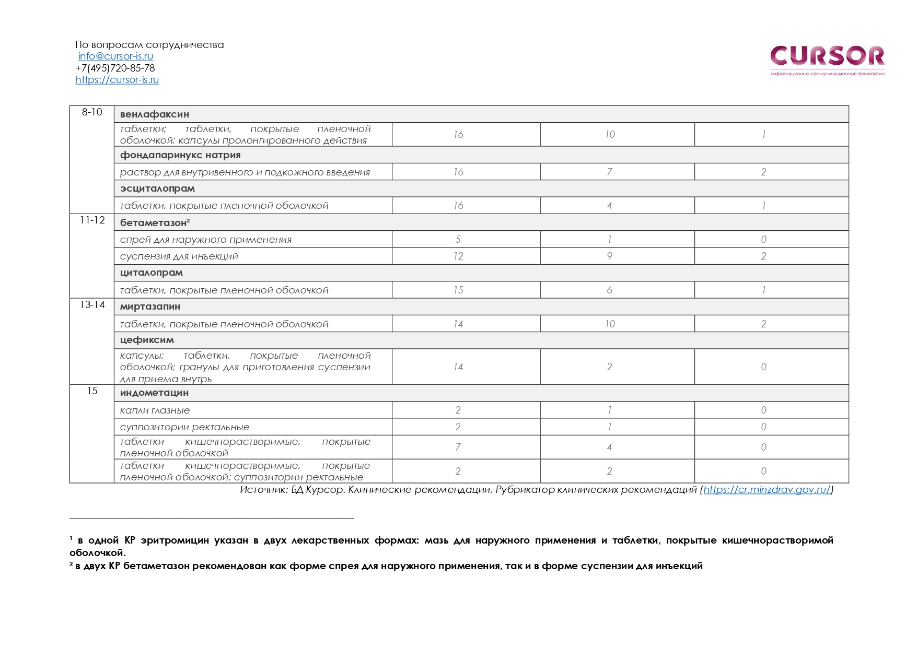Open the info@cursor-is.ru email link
[x=115, y=56]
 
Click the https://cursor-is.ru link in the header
[x=117, y=80]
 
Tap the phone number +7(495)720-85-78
[x=115, y=68]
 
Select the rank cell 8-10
[x=92, y=112]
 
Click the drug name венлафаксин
[x=155, y=114]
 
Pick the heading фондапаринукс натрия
[x=180, y=155]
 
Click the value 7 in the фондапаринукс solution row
[x=609, y=172]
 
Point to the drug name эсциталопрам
[x=157, y=188]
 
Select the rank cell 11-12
[x=92, y=220]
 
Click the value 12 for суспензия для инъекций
[x=458, y=256]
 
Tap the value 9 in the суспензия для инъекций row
[x=609, y=256]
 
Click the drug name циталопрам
[x=152, y=273]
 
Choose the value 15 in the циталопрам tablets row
[x=458, y=290]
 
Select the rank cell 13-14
[x=92, y=305]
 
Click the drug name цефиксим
[x=147, y=340]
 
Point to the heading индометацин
[x=154, y=393]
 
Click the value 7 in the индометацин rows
[x=458, y=447]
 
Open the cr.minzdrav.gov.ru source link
[x=767, y=490]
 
